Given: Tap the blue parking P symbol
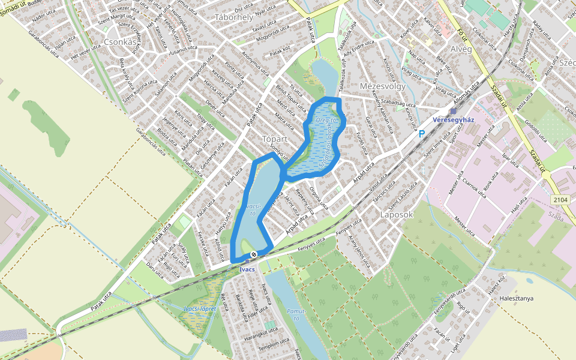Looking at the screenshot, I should click(x=422, y=134).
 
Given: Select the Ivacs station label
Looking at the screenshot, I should click(x=247, y=269).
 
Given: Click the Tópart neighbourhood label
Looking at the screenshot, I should click(x=276, y=139).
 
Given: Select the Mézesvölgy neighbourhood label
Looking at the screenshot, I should click(x=383, y=86).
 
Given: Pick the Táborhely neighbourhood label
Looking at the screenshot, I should click(x=233, y=17).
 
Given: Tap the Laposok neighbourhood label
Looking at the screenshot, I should click(x=397, y=214).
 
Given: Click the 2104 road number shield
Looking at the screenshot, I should click(x=561, y=200).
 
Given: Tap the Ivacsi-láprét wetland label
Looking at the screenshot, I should click(x=200, y=308).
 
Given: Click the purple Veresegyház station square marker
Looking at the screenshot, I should click(x=454, y=111).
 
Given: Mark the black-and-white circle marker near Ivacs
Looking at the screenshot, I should click(x=254, y=254).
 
